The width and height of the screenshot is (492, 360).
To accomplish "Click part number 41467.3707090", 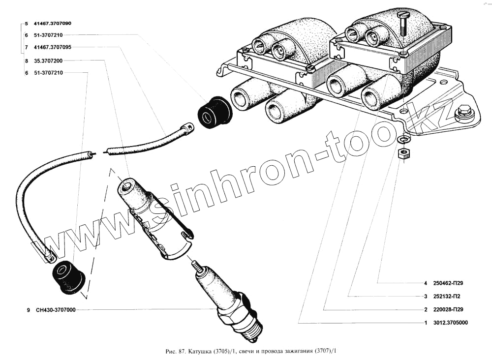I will [x=52, y=23].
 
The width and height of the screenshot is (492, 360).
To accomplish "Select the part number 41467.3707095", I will [x=52, y=47].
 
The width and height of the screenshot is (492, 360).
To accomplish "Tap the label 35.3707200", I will [x=48, y=60].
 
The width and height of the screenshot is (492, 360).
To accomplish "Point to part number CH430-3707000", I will [x=56, y=310].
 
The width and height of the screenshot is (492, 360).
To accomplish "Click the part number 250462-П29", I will [x=448, y=283].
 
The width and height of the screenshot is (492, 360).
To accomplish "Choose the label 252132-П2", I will [x=447, y=297].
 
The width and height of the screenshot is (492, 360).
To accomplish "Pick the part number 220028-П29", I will [x=448, y=310].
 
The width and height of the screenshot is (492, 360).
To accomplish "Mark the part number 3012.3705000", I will [x=450, y=323].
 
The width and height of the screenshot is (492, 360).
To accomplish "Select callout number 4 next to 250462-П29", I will [x=425, y=283].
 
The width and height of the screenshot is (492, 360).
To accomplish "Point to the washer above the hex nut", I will [x=402, y=141].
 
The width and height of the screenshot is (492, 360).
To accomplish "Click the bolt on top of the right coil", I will [x=403, y=22].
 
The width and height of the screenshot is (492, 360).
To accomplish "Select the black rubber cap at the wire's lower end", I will [x=68, y=278].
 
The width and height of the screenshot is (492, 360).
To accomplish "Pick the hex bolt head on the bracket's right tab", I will [x=463, y=114].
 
